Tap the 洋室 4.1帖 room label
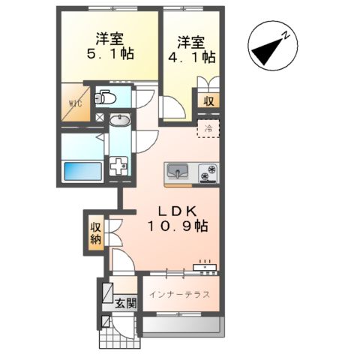(193, 48)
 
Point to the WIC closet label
(76, 104)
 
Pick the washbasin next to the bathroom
(118, 120)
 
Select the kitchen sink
(177, 172)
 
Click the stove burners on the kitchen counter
(208, 172)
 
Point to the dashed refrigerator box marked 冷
(208, 128)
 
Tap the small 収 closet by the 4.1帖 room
(206, 100)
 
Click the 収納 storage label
(95, 234)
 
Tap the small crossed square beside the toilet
(100, 118)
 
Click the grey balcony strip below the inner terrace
(180, 324)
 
